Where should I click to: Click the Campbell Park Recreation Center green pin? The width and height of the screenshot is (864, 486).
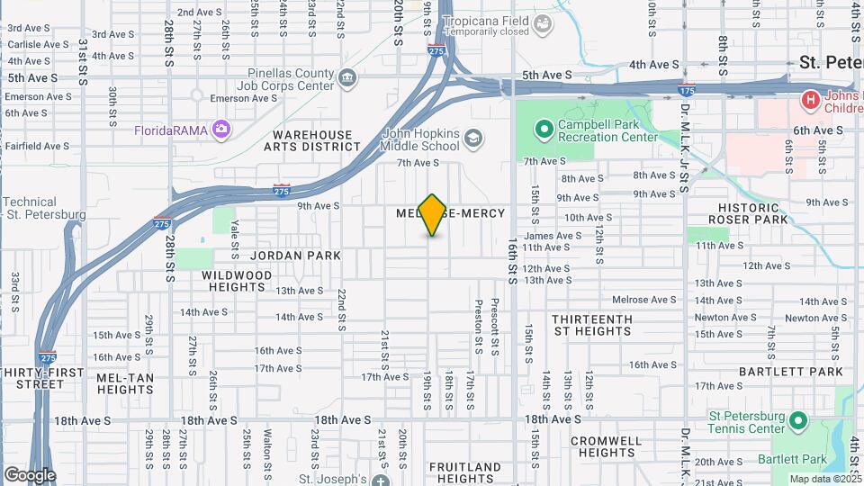[x=543, y=130]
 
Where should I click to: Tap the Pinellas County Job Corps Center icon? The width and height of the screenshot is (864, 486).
[x=346, y=79]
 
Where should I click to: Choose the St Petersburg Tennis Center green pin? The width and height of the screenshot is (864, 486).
[x=796, y=421]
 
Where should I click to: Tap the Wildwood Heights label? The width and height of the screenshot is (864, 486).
[x=237, y=281]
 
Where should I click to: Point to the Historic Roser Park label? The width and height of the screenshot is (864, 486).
[x=748, y=213]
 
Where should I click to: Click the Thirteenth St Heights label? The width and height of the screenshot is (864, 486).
[x=591, y=325]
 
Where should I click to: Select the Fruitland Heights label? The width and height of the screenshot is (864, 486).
[x=464, y=472]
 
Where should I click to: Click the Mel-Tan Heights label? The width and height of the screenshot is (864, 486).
[x=125, y=383]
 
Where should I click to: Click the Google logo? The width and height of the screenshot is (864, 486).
[x=29, y=474]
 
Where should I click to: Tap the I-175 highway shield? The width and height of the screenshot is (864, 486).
[x=686, y=90]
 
